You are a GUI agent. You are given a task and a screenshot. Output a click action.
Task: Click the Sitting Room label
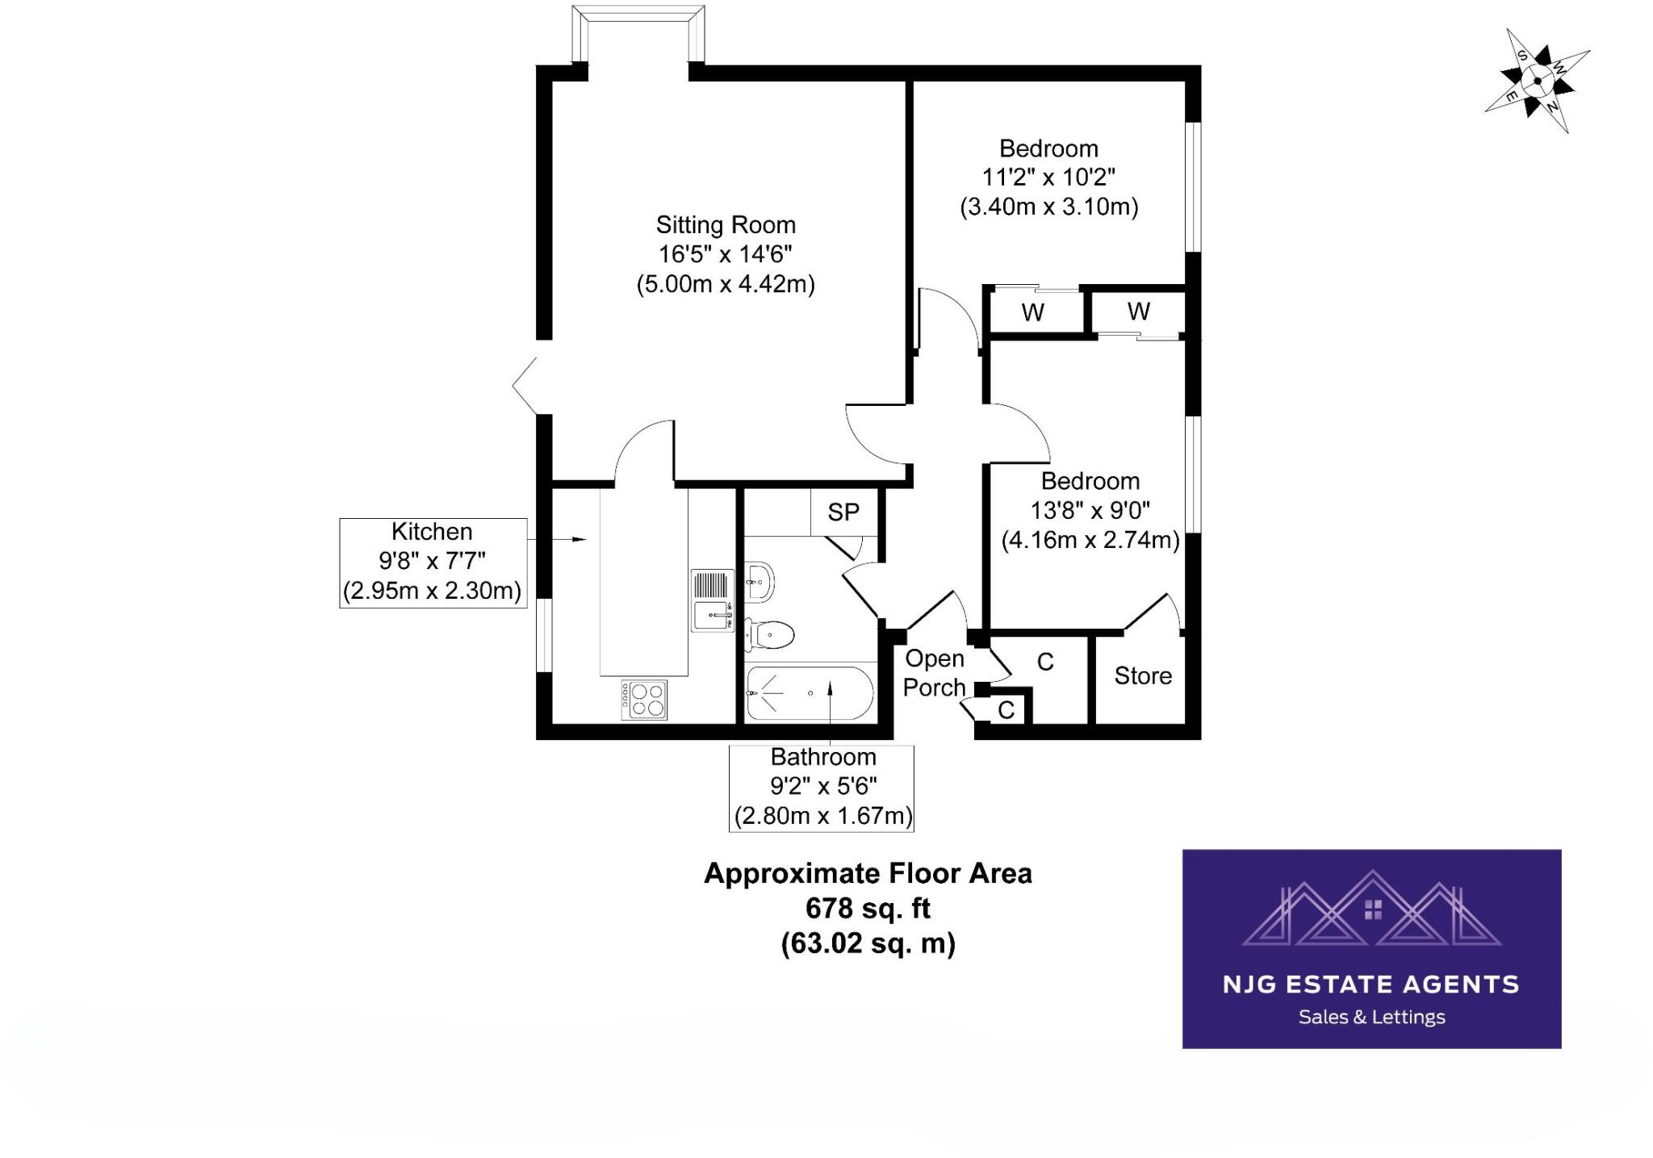point(725,224)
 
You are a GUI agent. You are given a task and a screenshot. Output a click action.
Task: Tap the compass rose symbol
point(1537,81)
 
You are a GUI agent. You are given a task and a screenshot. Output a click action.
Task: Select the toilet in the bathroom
point(770,634)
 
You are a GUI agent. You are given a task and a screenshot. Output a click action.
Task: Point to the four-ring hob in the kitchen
point(644,699)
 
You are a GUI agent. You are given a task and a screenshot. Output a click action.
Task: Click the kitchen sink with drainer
point(713,600)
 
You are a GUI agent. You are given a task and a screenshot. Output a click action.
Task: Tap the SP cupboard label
point(843,512)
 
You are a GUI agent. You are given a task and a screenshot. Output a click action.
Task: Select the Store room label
point(1143,675)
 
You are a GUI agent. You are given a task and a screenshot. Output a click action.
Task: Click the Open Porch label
point(935,673)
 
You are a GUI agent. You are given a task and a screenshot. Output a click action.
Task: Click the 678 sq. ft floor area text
point(868,909)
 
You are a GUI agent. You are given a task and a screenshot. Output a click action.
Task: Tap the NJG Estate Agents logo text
point(1371,985)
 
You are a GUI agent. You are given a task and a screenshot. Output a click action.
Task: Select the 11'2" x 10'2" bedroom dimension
point(1048,178)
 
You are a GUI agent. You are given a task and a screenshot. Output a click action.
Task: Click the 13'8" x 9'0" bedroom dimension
point(1090,511)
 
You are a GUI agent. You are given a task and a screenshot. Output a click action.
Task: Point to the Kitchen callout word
point(432,532)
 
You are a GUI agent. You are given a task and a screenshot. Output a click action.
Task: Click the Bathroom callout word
point(822,757)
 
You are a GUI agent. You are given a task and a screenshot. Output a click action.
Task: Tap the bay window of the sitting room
point(638,32)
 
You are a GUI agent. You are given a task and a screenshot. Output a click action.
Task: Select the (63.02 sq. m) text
point(868,943)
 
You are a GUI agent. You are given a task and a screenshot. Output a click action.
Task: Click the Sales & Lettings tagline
point(1371,1018)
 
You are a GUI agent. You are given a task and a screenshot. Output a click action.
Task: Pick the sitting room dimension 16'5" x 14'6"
point(725,254)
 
